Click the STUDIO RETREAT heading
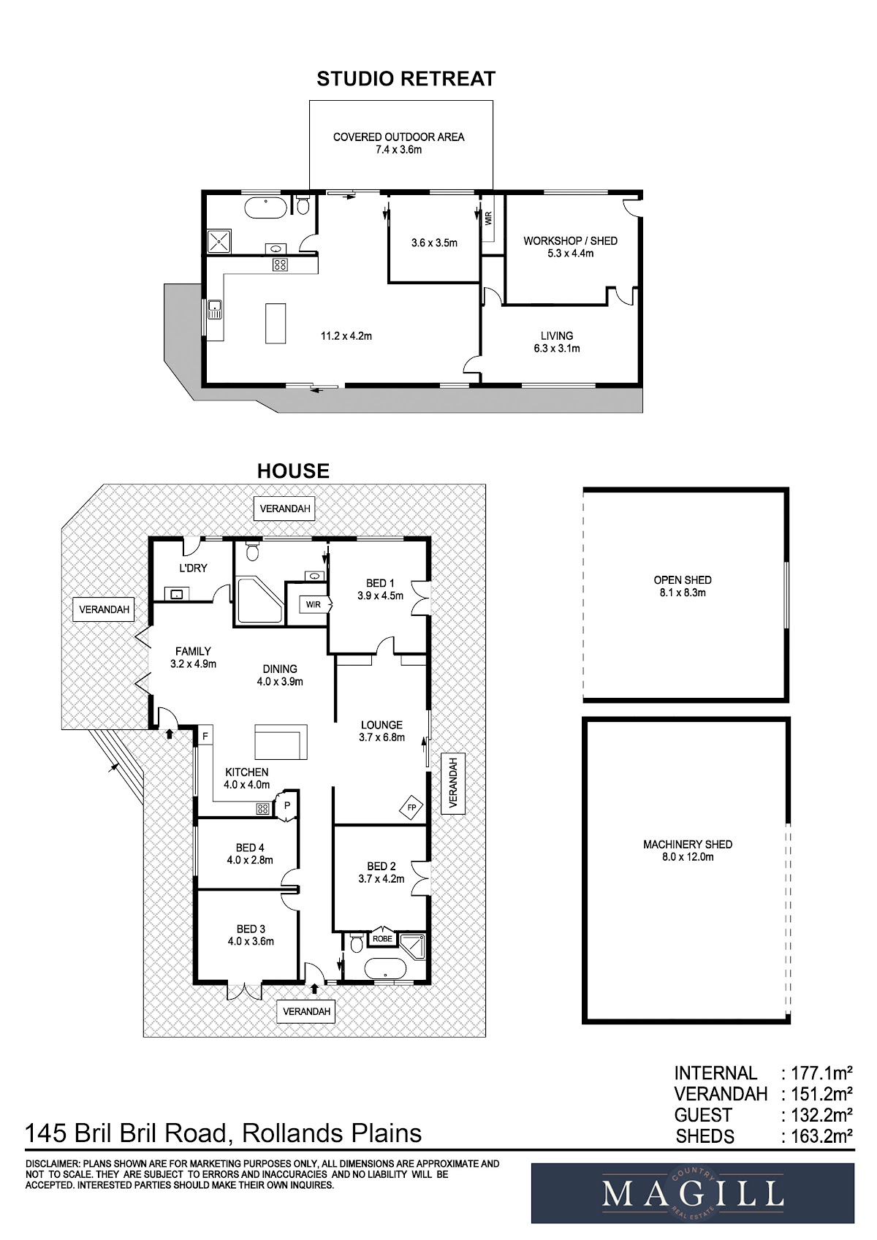coord(406,79)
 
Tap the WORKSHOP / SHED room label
coord(570,241)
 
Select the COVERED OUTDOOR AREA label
coord(398,137)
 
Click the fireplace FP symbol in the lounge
coord(411,807)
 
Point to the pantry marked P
coord(287,806)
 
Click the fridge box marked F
coord(205,737)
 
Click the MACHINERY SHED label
coord(688,844)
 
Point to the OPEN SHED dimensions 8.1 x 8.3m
coord(683,593)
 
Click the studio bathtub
coord(266,208)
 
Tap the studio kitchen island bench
coord(276,323)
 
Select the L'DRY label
coord(193,568)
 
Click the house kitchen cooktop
coord(262,809)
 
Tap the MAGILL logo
coord(693,1193)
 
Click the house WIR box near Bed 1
coord(314,604)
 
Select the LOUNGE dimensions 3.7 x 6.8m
coord(382,737)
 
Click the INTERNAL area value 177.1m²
coord(821,1073)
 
